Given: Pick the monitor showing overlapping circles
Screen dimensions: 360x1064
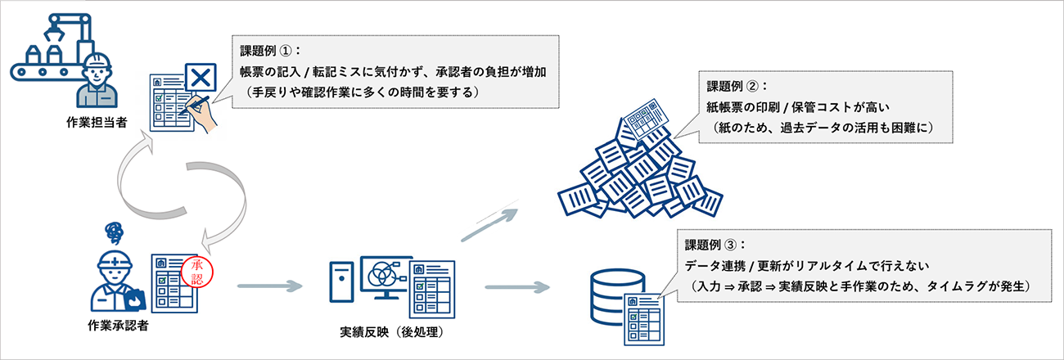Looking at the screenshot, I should pyautogui.click(x=381, y=276).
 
